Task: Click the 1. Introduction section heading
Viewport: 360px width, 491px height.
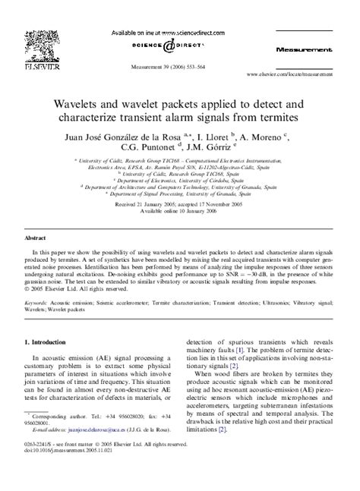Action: pyautogui.click(x=51, y=323)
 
